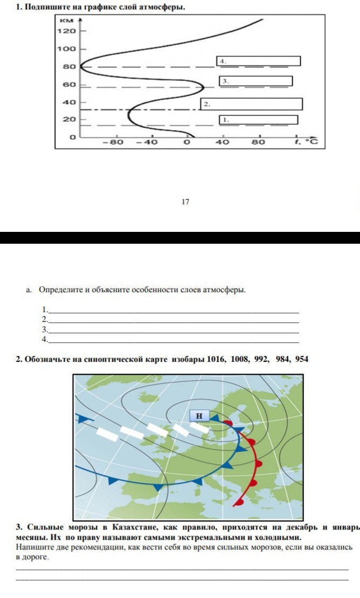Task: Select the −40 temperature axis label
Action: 146,142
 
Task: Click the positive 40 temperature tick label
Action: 223,142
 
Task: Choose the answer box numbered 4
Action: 259,61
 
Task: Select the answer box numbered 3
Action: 256,81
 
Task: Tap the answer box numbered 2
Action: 252,104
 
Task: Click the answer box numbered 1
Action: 258,120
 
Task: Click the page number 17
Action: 185,202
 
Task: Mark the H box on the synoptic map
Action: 199,415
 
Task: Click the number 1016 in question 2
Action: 217,359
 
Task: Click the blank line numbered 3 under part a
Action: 172,330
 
